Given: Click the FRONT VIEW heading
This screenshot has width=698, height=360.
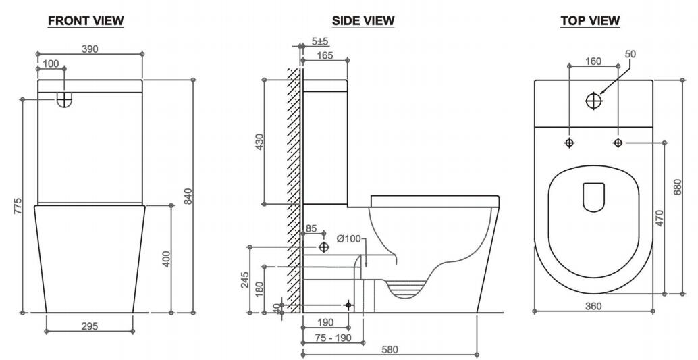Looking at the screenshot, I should click(85, 21).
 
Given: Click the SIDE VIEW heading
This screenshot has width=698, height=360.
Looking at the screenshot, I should click(363, 21).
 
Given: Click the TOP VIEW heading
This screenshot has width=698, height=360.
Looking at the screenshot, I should click(590, 21).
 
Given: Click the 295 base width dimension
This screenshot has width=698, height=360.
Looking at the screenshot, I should click(89, 326).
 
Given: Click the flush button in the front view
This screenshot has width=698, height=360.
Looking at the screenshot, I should click(64, 99).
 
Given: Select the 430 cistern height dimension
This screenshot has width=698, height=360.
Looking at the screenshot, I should click(259, 143).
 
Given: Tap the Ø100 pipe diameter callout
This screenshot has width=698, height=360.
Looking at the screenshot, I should click(350, 238).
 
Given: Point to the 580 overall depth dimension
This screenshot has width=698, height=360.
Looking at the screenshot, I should click(390, 349).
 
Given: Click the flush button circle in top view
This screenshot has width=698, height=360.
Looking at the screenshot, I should click(594, 101).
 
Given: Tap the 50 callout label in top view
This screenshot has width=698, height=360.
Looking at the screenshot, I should click(630, 53).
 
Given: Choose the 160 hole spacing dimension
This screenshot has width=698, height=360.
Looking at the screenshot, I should click(593, 61).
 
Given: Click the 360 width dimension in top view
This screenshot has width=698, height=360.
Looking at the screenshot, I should click(594, 306).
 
